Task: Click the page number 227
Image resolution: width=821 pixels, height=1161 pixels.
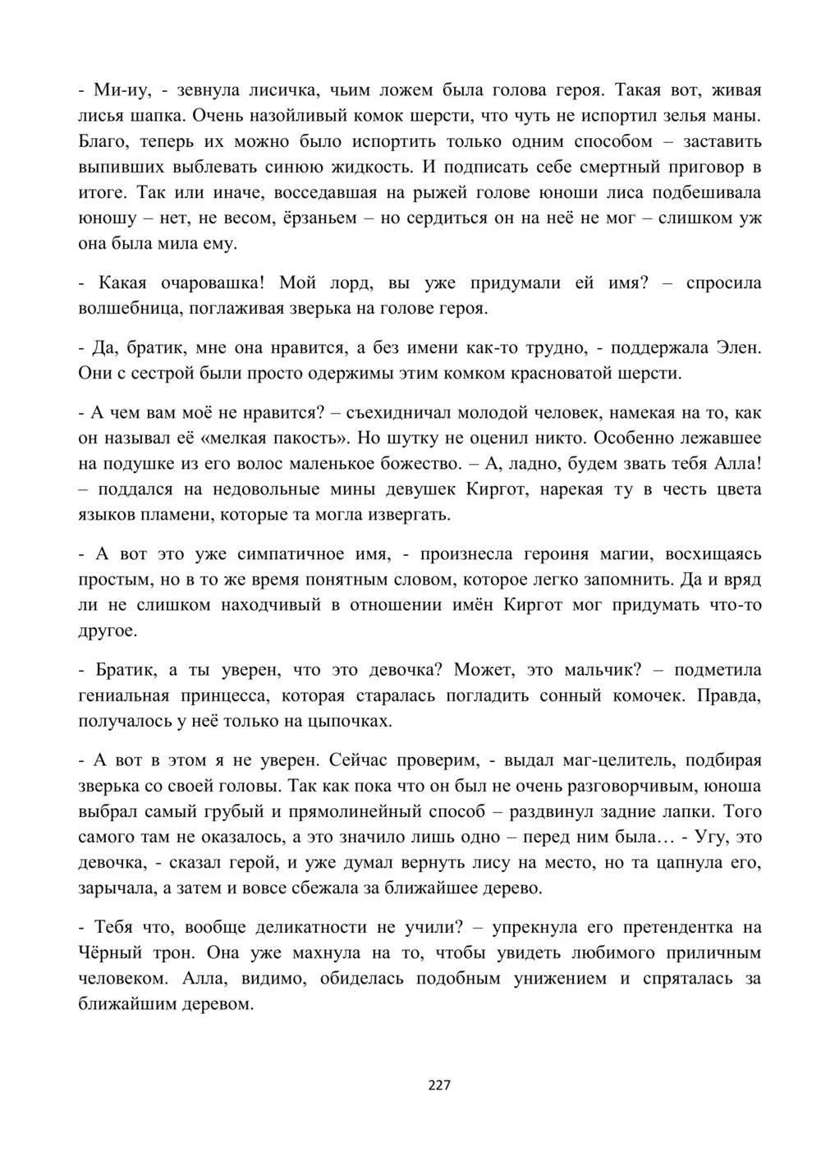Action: [440, 1085]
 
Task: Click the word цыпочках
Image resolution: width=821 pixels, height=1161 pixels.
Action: [350, 722]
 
